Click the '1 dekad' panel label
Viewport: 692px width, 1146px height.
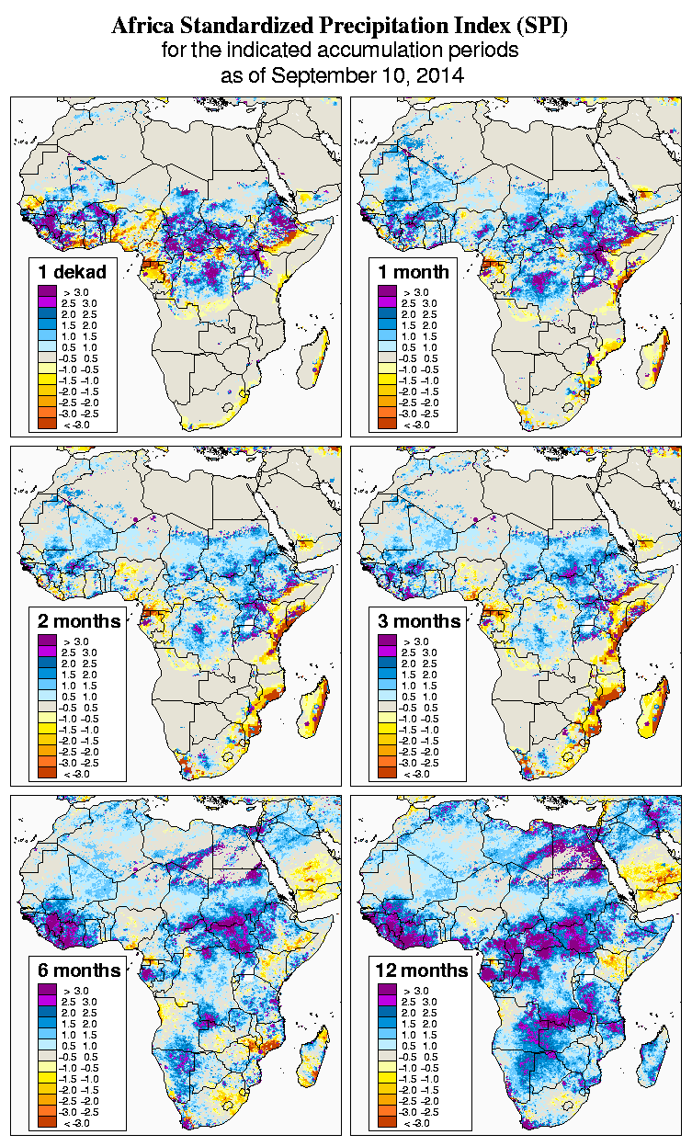click(x=73, y=271)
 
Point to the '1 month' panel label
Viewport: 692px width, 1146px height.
click(x=413, y=271)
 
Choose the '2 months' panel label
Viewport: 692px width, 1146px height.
click(x=79, y=621)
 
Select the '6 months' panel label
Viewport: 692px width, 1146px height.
click(x=79, y=970)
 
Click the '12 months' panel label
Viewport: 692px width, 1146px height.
click(x=421, y=970)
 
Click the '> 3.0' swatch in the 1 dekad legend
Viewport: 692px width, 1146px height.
click(x=46, y=291)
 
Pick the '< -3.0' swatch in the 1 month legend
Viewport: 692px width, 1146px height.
click(x=386, y=424)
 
